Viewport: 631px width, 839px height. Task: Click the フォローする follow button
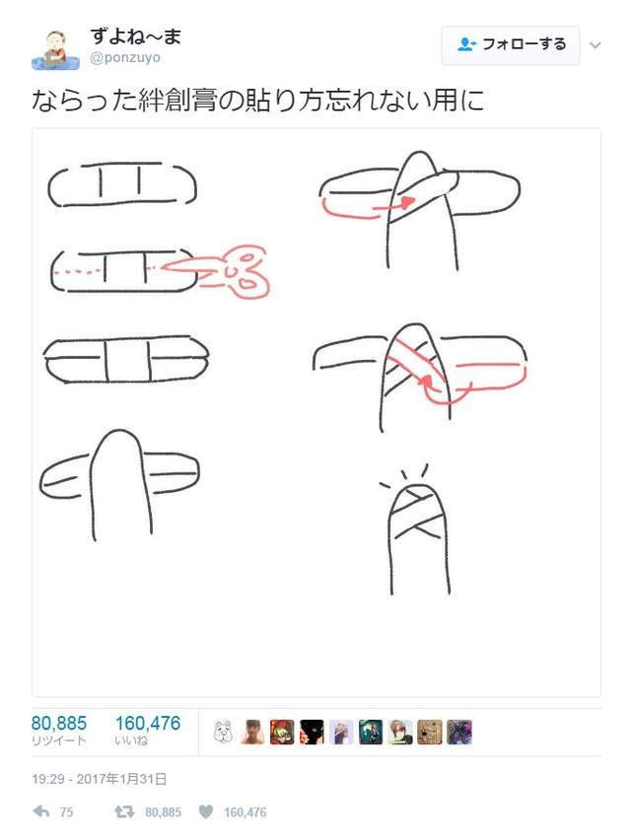point(511,44)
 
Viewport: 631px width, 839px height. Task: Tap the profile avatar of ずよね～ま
point(55,47)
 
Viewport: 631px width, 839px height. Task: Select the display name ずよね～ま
point(136,36)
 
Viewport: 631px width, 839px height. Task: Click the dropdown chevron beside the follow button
point(595,45)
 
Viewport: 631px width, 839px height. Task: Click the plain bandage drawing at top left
point(122,184)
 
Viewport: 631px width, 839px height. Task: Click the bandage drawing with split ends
point(125,360)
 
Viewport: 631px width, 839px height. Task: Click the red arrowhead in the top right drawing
point(403,202)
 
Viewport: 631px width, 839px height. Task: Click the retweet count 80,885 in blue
point(59,724)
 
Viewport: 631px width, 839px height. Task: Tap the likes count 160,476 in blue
point(148,724)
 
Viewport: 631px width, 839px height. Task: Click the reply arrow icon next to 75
point(41,812)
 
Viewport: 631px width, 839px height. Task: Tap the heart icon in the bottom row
point(205,812)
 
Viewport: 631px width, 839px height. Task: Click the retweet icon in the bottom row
point(124,812)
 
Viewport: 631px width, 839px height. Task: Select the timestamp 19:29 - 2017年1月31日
point(99,779)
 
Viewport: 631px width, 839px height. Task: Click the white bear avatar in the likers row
point(224,732)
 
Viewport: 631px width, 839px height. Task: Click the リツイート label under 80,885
point(59,741)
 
